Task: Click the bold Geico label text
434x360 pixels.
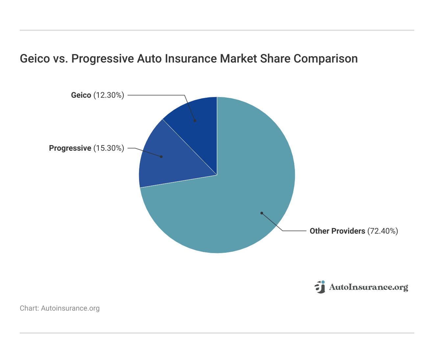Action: coord(81,95)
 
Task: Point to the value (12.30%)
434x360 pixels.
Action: coord(109,95)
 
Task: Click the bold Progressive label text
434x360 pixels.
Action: coord(70,148)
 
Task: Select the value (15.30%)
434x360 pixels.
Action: coord(109,148)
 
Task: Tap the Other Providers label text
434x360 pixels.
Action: coord(337,231)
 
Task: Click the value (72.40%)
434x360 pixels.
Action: coord(383,231)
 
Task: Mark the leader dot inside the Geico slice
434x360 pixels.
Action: coord(195,121)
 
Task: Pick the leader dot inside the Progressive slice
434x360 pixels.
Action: coord(161,157)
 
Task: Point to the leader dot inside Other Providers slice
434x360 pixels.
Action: coord(262,213)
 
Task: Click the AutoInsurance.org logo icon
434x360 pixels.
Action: coord(320,287)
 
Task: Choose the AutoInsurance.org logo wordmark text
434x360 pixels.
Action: coord(368,287)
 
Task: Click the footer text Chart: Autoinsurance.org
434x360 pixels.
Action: coord(60,308)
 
